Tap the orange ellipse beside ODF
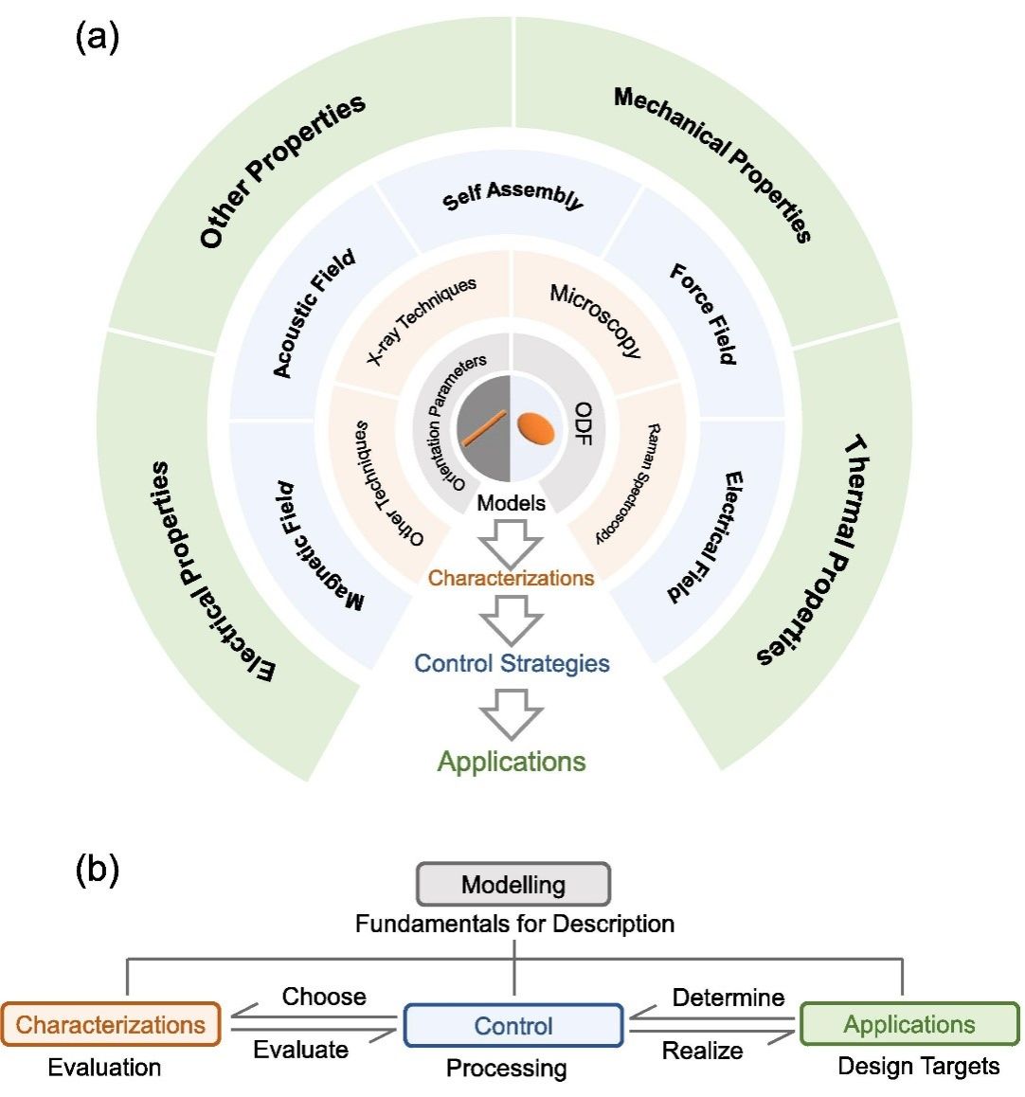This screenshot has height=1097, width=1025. tap(535, 428)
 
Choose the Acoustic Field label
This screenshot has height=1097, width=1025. tap(314, 314)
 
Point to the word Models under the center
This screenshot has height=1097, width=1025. tap(512, 503)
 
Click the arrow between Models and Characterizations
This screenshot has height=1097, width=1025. tap(512, 547)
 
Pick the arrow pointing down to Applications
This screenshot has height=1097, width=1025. tap(512, 713)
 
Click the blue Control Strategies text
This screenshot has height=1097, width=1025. tap(512, 663)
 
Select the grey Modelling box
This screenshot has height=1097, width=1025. tap(513, 885)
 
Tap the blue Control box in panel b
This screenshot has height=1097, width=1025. tap(513, 1026)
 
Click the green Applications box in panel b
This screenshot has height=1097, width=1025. tap(909, 1024)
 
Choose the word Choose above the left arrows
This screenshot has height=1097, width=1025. tap(324, 997)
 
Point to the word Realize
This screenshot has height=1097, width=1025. tap(702, 1050)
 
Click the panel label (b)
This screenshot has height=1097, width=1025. tap(97, 870)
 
